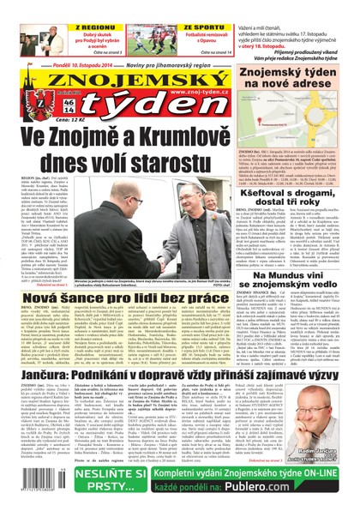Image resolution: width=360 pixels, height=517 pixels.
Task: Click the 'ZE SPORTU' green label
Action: point(178,5)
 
